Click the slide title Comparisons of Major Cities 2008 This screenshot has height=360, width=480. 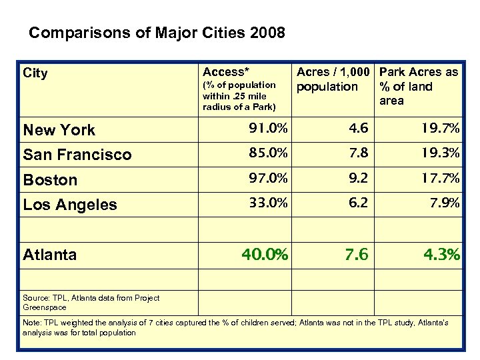coord(157,33)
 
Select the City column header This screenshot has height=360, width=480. coord(35,73)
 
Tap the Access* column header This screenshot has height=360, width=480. coord(225,71)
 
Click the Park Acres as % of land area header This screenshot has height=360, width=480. coord(419,86)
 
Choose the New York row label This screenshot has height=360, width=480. coord(59,130)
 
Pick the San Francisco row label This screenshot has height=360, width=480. coord(77,155)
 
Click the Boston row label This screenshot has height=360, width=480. coord(50,180)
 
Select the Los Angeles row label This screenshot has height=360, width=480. coord(70,205)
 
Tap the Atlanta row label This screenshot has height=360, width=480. coord(50,254)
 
